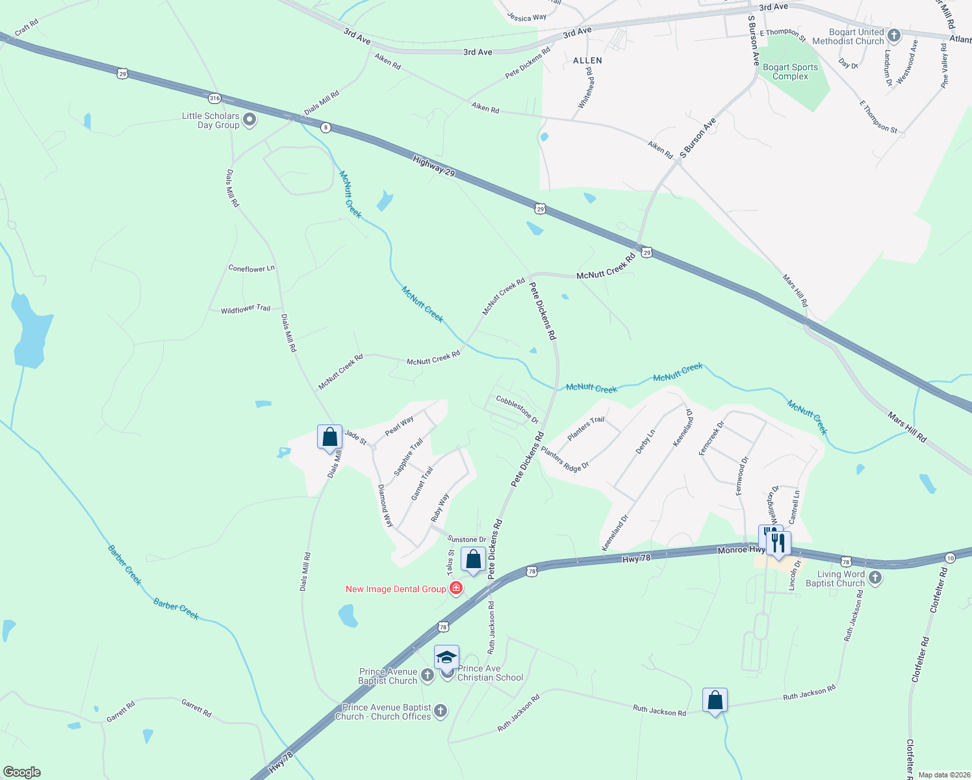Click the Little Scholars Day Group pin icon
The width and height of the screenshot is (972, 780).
tap(249, 120)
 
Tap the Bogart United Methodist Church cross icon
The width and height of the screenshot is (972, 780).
tap(894, 36)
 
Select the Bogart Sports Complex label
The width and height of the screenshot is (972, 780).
tap(790, 71)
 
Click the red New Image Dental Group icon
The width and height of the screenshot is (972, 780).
tap(456, 588)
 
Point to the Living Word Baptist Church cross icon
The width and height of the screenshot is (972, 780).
tap(875, 578)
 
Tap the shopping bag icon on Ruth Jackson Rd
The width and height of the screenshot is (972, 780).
tap(715, 701)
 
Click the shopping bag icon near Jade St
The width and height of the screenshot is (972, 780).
tap(329, 437)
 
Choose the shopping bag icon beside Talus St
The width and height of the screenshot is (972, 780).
tap(473, 559)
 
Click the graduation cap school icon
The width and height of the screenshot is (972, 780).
tap(446, 658)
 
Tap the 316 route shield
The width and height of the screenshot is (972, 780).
tap(214, 99)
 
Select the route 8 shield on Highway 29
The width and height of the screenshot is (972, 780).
tap(326, 128)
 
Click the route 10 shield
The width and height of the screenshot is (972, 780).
tap(950, 558)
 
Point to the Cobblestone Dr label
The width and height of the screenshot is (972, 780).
tap(517, 409)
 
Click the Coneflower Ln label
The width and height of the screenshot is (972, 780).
tap(251, 268)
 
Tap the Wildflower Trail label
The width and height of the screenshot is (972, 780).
tap(246, 309)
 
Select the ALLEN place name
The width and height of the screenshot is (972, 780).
tap(587, 60)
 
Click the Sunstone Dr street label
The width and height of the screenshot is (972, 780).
tap(467, 539)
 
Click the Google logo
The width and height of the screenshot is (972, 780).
tap(21, 772)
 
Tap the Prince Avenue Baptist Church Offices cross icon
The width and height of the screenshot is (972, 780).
tap(441, 710)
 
